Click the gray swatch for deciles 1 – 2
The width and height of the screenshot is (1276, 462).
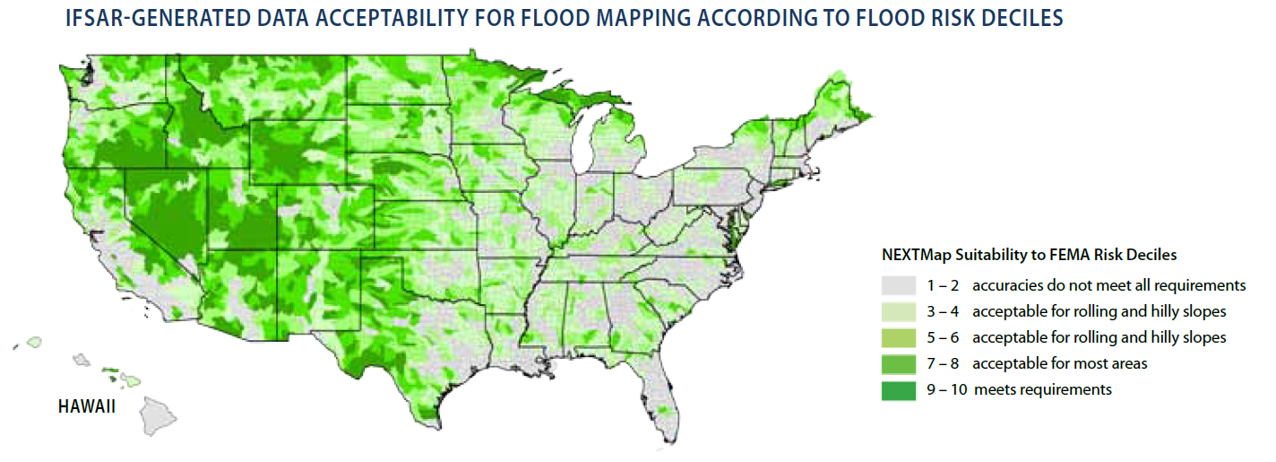click(x=898, y=285)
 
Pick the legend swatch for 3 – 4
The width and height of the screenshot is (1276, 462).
click(x=898, y=311)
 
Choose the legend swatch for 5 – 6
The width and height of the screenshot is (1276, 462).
click(x=898, y=337)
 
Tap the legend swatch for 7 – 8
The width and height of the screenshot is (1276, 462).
click(x=898, y=363)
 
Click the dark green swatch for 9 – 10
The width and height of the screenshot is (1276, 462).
click(x=898, y=389)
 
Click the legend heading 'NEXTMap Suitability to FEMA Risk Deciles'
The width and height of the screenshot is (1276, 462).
click(x=1030, y=255)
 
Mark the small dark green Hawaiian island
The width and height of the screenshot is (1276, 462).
click(x=109, y=369)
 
